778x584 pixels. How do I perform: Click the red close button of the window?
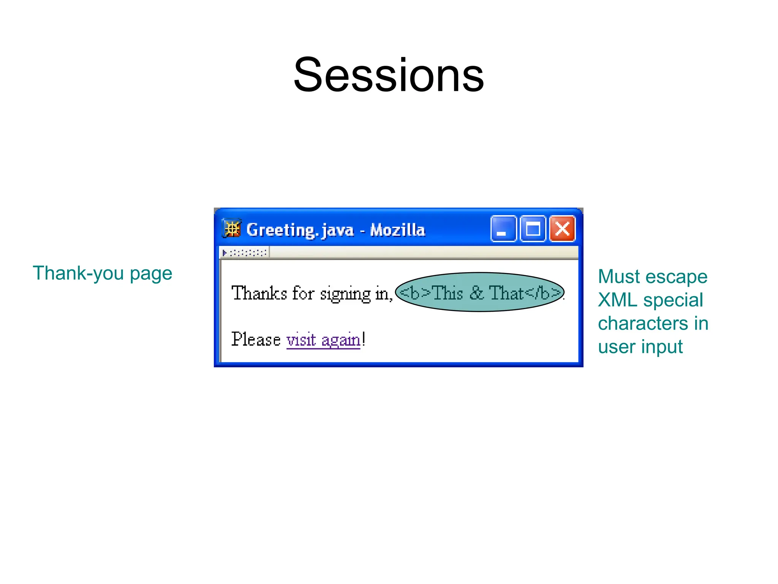pyautogui.click(x=562, y=229)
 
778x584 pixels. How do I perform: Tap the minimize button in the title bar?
pyautogui.click(x=503, y=229)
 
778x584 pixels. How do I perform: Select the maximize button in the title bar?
pyautogui.click(x=533, y=229)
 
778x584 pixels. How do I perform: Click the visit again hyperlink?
pyautogui.click(x=323, y=340)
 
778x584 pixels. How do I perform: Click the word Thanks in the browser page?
pyautogui.click(x=259, y=294)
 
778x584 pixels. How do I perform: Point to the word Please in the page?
pyautogui.click(x=256, y=340)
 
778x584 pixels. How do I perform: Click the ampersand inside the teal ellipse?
pyautogui.click(x=477, y=293)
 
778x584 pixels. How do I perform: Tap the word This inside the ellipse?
pyautogui.click(x=448, y=293)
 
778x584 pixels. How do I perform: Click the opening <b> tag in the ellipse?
pyautogui.click(x=415, y=293)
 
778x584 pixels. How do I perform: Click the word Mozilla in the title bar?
pyautogui.click(x=397, y=230)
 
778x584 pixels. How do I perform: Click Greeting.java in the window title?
pyautogui.click(x=300, y=230)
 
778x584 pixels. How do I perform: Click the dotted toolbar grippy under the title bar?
pyautogui.click(x=245, y=252)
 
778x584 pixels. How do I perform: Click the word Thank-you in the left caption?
pyautogui.click(x=78, y=273)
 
